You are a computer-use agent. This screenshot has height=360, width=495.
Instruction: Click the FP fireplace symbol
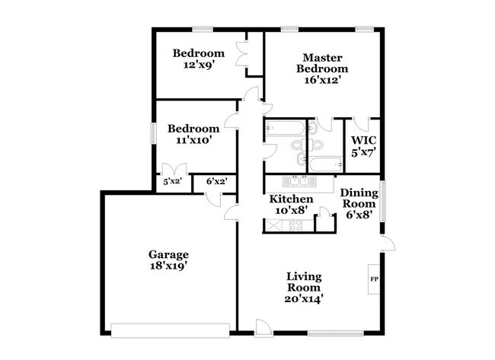tap(374, 279)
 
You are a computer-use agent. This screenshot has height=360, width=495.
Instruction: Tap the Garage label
tap(168, 254)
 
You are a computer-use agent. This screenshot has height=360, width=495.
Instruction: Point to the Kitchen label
tap(292, 199)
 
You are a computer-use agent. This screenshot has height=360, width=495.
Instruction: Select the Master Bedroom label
tap(321, 63)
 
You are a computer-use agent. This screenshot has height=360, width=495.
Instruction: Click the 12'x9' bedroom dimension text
tap(198, 65)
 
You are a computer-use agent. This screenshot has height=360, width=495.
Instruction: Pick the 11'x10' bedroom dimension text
tap(193, 140)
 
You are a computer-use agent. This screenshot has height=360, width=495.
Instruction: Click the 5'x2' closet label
tap(171, 182)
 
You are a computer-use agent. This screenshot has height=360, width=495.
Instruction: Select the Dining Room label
tap(358, 199)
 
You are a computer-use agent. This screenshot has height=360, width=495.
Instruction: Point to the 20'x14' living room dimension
tap(304, 300)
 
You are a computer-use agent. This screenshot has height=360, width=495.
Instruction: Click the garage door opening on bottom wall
tap(170, 330)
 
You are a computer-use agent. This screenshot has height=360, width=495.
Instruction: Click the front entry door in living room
tap(263, 327)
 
